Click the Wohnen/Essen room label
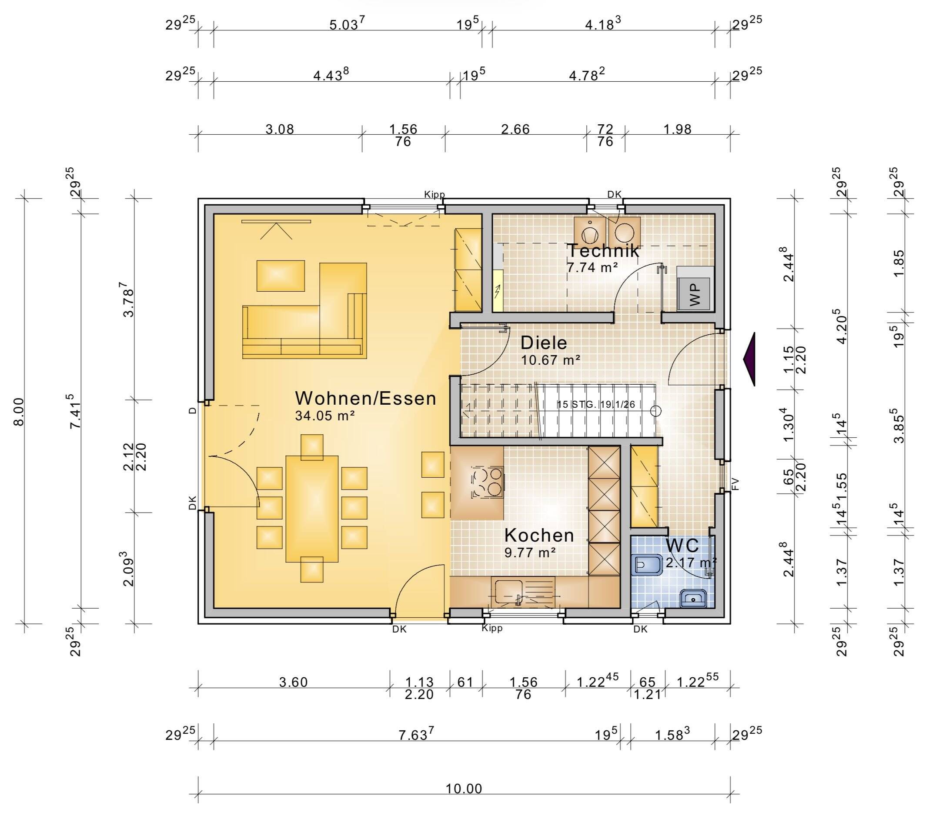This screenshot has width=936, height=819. pos(365,399)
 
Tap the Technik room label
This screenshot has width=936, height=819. pos(603,250)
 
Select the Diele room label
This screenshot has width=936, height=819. pos(544,343)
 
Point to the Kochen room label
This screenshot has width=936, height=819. pos(539,535)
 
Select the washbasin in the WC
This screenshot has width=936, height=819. pos(693,598)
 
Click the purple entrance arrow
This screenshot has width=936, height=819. pos(749,359)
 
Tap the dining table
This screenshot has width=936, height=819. pos(312,509)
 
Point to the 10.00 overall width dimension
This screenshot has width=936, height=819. pos(464,789)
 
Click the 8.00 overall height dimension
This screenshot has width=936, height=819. pos(18,411)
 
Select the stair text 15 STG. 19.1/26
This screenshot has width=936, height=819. pos(596,404)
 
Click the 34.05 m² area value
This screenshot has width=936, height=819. pos(325,416)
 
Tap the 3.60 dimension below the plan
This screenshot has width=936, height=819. pos(293,682)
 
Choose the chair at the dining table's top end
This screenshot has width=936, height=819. pos(312,447)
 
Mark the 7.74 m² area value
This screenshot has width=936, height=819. pos(592,267)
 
